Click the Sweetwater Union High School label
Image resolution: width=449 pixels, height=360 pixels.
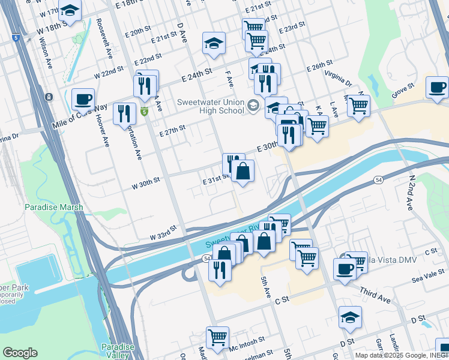tap(210, 107)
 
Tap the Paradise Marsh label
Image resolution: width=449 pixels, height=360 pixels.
tap(53, 207)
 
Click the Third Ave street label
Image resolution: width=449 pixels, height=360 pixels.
tap(375, 295)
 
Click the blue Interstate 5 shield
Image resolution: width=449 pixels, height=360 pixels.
tap(16, 38)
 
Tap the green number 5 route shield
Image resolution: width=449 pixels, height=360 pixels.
tap(144, 112)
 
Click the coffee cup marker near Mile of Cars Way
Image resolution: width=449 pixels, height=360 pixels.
tap(83, 98)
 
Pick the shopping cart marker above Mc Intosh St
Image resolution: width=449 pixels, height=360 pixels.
tap(217, 337)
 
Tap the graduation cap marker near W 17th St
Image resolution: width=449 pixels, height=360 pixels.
tap(70, 10)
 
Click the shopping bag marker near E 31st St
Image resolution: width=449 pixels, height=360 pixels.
tap(243, 172)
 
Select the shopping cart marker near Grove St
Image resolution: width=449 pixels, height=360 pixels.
tap(358, 106)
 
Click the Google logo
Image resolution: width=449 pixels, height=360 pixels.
tap(20, 353)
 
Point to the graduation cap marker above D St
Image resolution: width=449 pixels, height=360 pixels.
tap(350, 317)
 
